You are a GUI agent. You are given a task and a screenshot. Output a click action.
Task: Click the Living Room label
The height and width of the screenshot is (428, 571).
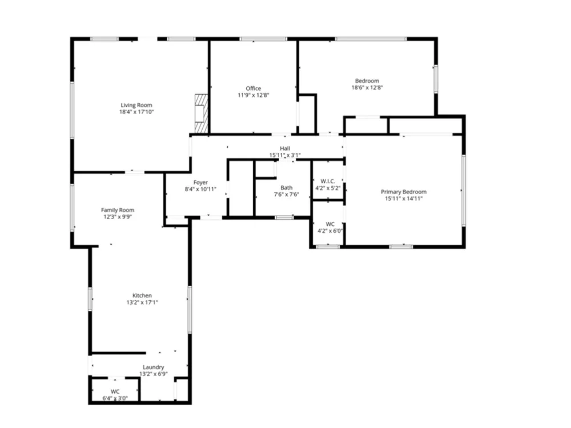click(x=136, y=105)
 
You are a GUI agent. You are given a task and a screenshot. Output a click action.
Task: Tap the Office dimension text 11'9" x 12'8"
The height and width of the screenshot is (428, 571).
click(x=254, y=95)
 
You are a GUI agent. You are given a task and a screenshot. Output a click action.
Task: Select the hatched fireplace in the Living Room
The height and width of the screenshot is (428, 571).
click(x=202, y=113)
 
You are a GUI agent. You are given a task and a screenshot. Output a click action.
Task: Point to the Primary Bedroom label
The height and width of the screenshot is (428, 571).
click(x=404, y=192)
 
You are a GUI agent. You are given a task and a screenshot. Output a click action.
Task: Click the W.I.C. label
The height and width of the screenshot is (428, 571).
click(x=328, y=181)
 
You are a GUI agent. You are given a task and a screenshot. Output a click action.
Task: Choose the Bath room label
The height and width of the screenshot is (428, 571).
click(x=287, y=188)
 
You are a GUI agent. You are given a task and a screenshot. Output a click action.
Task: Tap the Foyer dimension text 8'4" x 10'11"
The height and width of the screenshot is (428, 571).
click(x=200, y=189)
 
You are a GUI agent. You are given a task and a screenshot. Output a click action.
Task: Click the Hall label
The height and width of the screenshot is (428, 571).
click(x=285, y=148)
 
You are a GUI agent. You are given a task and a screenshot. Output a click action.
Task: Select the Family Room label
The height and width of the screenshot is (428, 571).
click(x=118, y=210)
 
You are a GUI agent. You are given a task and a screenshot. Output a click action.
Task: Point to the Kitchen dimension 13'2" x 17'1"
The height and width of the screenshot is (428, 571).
click(x=142, y=302)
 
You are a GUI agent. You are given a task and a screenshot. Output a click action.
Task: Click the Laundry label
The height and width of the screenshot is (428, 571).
click(x=153, y=367)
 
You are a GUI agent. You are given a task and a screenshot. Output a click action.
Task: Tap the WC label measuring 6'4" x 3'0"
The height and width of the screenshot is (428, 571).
click(x=115, y=391)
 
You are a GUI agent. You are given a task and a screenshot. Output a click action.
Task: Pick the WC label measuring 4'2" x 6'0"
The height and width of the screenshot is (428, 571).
click(x=330, y=224)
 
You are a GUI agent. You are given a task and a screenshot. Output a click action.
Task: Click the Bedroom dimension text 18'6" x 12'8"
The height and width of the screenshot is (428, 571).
click(x=367, y=87)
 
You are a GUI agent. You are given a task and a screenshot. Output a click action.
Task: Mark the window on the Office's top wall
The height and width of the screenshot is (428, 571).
click(x=263, y=39)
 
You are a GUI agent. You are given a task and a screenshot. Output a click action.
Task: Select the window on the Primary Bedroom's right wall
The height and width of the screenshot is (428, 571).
click(x=464, y=191)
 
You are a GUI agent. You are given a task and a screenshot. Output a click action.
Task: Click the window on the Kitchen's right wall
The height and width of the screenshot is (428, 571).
click(x=190, y=309)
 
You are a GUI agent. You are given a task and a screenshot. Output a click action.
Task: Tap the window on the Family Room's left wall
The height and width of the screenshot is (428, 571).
click(x=72, y=208)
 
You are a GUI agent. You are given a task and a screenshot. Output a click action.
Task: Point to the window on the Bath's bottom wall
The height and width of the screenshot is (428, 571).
click(x=284, y=217)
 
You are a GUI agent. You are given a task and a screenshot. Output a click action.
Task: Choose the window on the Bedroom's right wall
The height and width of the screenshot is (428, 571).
click(x=436, y=79)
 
